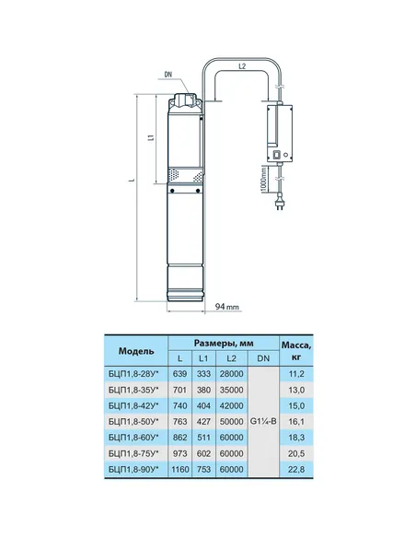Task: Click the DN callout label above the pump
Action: (x=168, y=75)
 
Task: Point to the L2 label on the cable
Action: (x=242, y=66)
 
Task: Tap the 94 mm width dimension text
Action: (x=227, y=307)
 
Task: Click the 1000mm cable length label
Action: (x=263, y=180)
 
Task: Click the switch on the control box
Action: (x=276, y=156)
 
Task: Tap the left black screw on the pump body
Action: (x=172, y=191)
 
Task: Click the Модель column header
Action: (x=136, y=351)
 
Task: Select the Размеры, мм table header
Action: (x=224, y=343)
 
